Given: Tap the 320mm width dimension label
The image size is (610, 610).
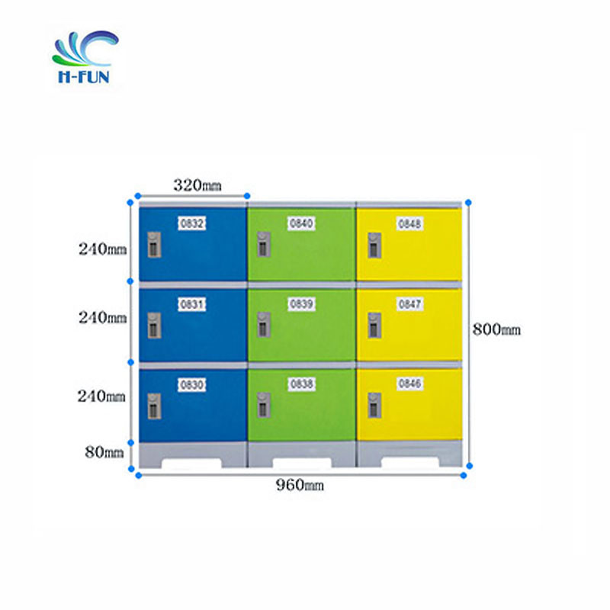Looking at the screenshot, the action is tap(197, 185).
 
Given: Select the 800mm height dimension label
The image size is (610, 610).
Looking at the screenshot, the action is tap(496, 329).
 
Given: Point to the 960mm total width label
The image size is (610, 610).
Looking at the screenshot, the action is tap(300, 485).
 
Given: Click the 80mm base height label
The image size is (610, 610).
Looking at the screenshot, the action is tap(104, 452).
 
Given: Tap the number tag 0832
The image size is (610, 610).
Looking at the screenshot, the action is tap(192, 223).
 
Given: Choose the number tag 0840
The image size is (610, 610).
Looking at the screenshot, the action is tap(301, 223).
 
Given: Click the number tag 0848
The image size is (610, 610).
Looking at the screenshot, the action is tap(409, 223).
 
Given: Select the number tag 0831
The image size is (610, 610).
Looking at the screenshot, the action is tap(192, 304).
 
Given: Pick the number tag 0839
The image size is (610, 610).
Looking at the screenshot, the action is tap(301, 303).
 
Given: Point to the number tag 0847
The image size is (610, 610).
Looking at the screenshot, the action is tap(409, 303).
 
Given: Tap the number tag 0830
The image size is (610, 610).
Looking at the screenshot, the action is tap(192, 385).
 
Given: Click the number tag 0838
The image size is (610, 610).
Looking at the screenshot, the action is tap(301, 384).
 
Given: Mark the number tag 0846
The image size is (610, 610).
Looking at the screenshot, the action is tap(409, 384).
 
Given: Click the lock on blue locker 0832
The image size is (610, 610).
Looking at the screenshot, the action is tap(154, 245).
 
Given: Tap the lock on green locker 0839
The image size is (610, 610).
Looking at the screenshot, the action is tap(264, 325).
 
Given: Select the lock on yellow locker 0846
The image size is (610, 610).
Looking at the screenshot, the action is tap(374, 406).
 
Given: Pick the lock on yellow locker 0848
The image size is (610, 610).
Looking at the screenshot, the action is tap(374, 245).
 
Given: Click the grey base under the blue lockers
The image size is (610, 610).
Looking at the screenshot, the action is tap(193, 454).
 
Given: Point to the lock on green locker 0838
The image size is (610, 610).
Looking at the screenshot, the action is tap(264, 405).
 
